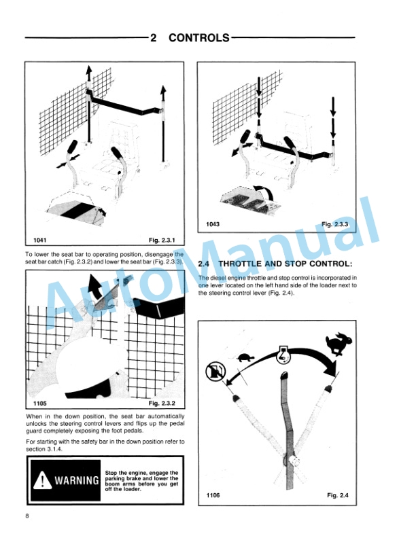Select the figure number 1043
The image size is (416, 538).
coord(214,224)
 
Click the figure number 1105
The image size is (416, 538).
coord(42,403)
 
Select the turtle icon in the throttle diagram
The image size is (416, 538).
coord(244,356)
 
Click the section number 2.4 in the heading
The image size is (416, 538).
coord(204,264)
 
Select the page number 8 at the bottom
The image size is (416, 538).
coord(27,518)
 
